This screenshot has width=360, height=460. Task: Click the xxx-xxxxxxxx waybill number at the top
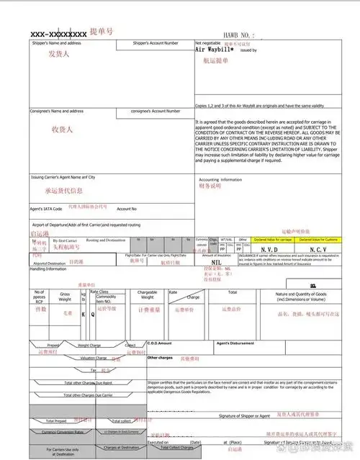coord(58,33)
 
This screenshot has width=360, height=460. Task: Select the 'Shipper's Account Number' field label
coord(156,43)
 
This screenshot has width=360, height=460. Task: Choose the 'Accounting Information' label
coord(220,179)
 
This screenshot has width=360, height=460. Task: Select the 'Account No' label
coord(127,209)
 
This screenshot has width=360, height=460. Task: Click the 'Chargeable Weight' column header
coord(147,295)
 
